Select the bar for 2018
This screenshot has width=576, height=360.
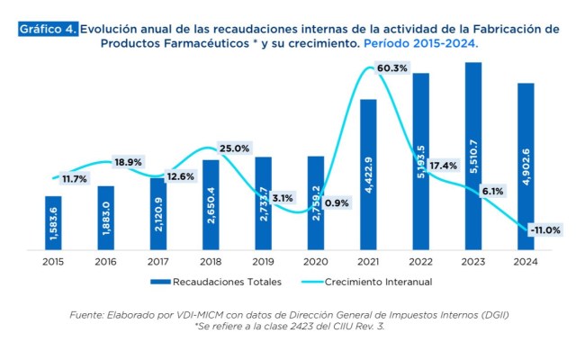[211, 204]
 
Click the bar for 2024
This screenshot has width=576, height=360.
[525, 166]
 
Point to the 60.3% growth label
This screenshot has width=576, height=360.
[391, 67]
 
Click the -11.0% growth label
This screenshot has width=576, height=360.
[545, 230]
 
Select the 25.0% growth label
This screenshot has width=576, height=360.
[234, 148]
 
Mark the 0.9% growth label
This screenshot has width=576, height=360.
[337, 202]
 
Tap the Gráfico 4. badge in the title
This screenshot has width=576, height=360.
[48, 29]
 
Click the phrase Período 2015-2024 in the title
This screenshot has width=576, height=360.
[418, 43]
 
